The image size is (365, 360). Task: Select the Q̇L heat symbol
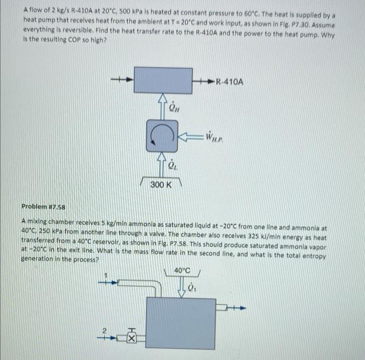pos(174,165)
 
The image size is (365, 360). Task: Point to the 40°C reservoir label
pos(182,271)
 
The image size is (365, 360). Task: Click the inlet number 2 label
pos(103,330)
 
